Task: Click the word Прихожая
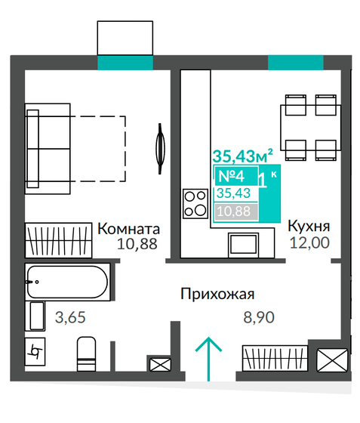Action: pos(217,295)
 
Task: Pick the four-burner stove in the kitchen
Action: pos(195,202)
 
